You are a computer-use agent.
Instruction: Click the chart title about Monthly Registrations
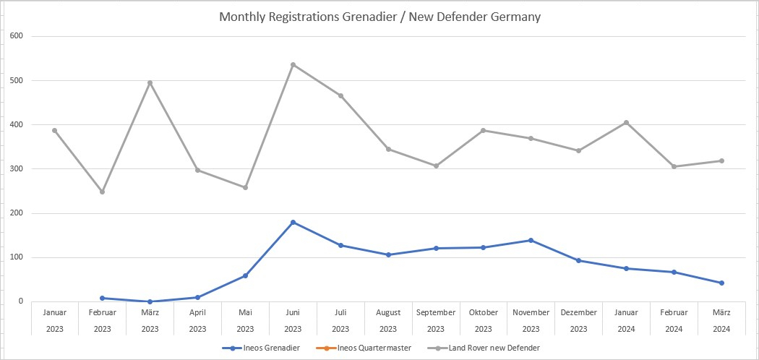click(379, 17)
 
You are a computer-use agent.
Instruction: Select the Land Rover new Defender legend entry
click(493, 348)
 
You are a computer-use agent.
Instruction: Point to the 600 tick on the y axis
click(17, 36)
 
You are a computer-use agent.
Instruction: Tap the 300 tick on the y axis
click(17, 169)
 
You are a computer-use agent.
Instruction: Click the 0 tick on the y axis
click(20, 301)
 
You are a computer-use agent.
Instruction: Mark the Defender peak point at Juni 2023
click(293, 64)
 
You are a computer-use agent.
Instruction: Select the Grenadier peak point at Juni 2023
click(293, 222)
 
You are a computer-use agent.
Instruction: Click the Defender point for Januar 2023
click(54, 130)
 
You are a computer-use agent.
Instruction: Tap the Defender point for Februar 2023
click(102, 192)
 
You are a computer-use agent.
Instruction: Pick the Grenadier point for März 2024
click(721, 283)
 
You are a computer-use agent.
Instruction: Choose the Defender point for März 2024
click(721, 160)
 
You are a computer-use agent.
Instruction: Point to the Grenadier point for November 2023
click(531, 240)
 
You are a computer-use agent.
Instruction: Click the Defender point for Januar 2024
click(626, 122)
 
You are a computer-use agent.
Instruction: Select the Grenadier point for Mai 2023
click(245, 275)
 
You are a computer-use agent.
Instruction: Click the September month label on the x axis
click(436, 312)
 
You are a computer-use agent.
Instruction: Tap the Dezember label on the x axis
click(578, 312)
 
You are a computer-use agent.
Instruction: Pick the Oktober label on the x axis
click(484, 312)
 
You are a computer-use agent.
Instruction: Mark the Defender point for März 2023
click(150, 82)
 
